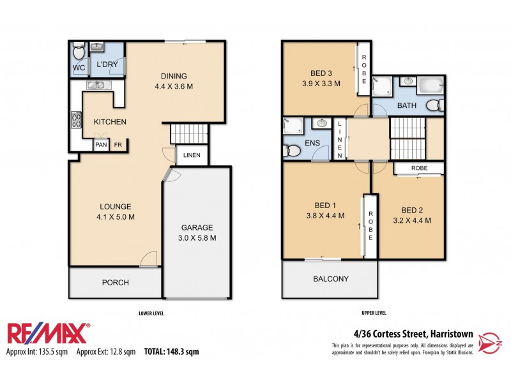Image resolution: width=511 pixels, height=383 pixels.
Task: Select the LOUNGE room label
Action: tap(116, 206)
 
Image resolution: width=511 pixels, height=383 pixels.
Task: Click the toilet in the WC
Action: tap(78, 50)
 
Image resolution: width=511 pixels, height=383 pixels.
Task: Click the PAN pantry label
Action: tap(101, 146)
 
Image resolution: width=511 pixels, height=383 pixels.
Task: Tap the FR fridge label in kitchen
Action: tap(118, 146)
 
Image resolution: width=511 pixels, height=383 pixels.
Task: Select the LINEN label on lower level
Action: tap(192, 156)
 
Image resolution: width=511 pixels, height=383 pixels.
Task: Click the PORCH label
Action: tap(116, 282)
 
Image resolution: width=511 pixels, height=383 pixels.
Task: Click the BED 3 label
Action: tap(321, 71)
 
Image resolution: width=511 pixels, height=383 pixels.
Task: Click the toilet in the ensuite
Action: tap(291, 151)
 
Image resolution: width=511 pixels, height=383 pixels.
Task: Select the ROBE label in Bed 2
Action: tap(419, 168)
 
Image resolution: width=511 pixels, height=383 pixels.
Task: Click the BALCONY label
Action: tap(331, 279)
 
